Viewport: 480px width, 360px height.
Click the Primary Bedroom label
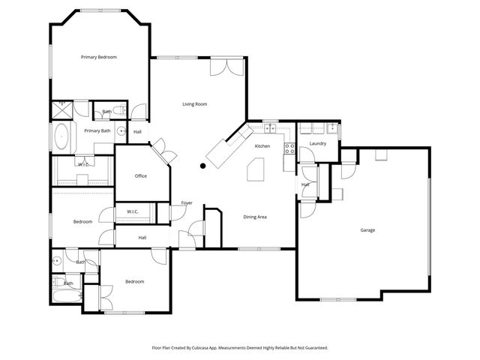(x=99, y=57)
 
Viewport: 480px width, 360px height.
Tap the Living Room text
(x=194, y=104)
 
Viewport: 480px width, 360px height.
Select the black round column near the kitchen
(x=202, y=166)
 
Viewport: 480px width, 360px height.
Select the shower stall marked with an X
(x=61, y=109)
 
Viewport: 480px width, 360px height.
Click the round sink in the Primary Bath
(x=120, y=130)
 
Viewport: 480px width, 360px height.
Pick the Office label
(x=140, y=176)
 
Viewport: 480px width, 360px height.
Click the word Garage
(x=367, y=230)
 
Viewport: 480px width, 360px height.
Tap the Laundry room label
(x=317, y=143)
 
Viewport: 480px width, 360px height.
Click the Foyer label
(x=187, y=203)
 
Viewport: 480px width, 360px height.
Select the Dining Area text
(x=255, y=217)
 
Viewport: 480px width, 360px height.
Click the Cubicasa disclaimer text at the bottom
(x=240, y=347)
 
